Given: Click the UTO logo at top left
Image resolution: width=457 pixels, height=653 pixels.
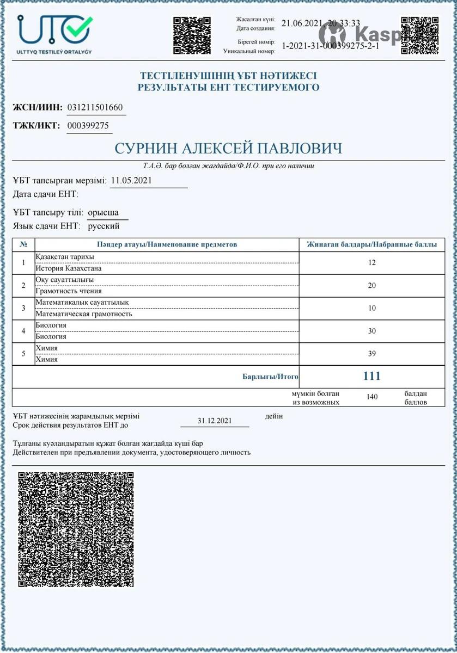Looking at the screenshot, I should [x=54, y=32].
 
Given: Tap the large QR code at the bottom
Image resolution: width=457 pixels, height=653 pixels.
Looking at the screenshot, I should [x=76, y=529].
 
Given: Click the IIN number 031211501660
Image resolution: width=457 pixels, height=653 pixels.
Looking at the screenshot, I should [x=95, y=107].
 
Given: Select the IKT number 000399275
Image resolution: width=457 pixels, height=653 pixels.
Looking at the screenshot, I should [x=89, y=126].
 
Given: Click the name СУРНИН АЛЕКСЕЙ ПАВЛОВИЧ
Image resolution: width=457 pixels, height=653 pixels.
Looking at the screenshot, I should [x=228, y=149].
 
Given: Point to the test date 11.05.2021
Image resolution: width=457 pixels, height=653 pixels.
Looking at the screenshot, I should [x=131, y=180].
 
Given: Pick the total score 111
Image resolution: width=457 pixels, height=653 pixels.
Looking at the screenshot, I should [x=371, y=376].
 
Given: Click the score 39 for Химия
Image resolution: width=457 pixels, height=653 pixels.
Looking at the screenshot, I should [x=372, y=354].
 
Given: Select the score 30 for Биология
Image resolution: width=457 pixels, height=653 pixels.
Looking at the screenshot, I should [x=372, y=331].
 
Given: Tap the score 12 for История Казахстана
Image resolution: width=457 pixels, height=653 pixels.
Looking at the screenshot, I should [x=372, y=262].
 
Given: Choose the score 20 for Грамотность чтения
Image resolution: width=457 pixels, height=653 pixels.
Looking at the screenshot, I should [x=372, y=285].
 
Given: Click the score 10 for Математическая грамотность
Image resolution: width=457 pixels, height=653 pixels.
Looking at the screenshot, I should [x=372, y=308].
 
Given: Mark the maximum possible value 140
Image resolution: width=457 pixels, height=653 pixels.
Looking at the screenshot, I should [x=372, y=397].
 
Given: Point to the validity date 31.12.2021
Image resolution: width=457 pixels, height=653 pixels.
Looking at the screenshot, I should [x=215, y=421].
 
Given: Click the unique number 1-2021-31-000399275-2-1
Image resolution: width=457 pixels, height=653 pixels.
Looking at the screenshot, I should [x=330, y=46].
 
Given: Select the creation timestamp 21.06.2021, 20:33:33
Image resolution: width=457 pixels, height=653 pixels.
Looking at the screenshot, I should [x=320, y=23].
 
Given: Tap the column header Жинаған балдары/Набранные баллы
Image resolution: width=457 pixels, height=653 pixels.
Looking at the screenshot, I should [x=372, y=244].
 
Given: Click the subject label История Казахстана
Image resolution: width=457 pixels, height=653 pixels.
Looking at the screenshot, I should [x=69, y=268].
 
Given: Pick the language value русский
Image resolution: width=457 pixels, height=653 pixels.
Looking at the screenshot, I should [x=103, y=226].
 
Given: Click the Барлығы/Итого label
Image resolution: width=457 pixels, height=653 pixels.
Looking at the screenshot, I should [x=270, y=377].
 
